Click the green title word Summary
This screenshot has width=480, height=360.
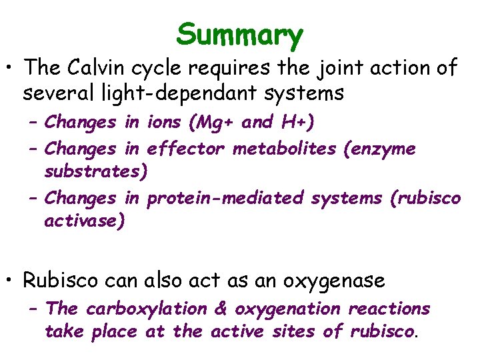pyautogui.click(x=240, y=35)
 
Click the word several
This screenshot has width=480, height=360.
pyautogui.click(x=56, y=93)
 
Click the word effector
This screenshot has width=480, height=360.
pyautogui.click(x=186, y=149)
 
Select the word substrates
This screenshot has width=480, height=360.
pyautogui.click(x=95, y=171)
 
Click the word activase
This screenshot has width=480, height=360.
pyautogui.click(x=84, y=221)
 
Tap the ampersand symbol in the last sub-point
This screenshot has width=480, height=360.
pyautogui.click(x=221, y=309)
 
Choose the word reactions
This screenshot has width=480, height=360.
pyautogui.click(x=389, y=309)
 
